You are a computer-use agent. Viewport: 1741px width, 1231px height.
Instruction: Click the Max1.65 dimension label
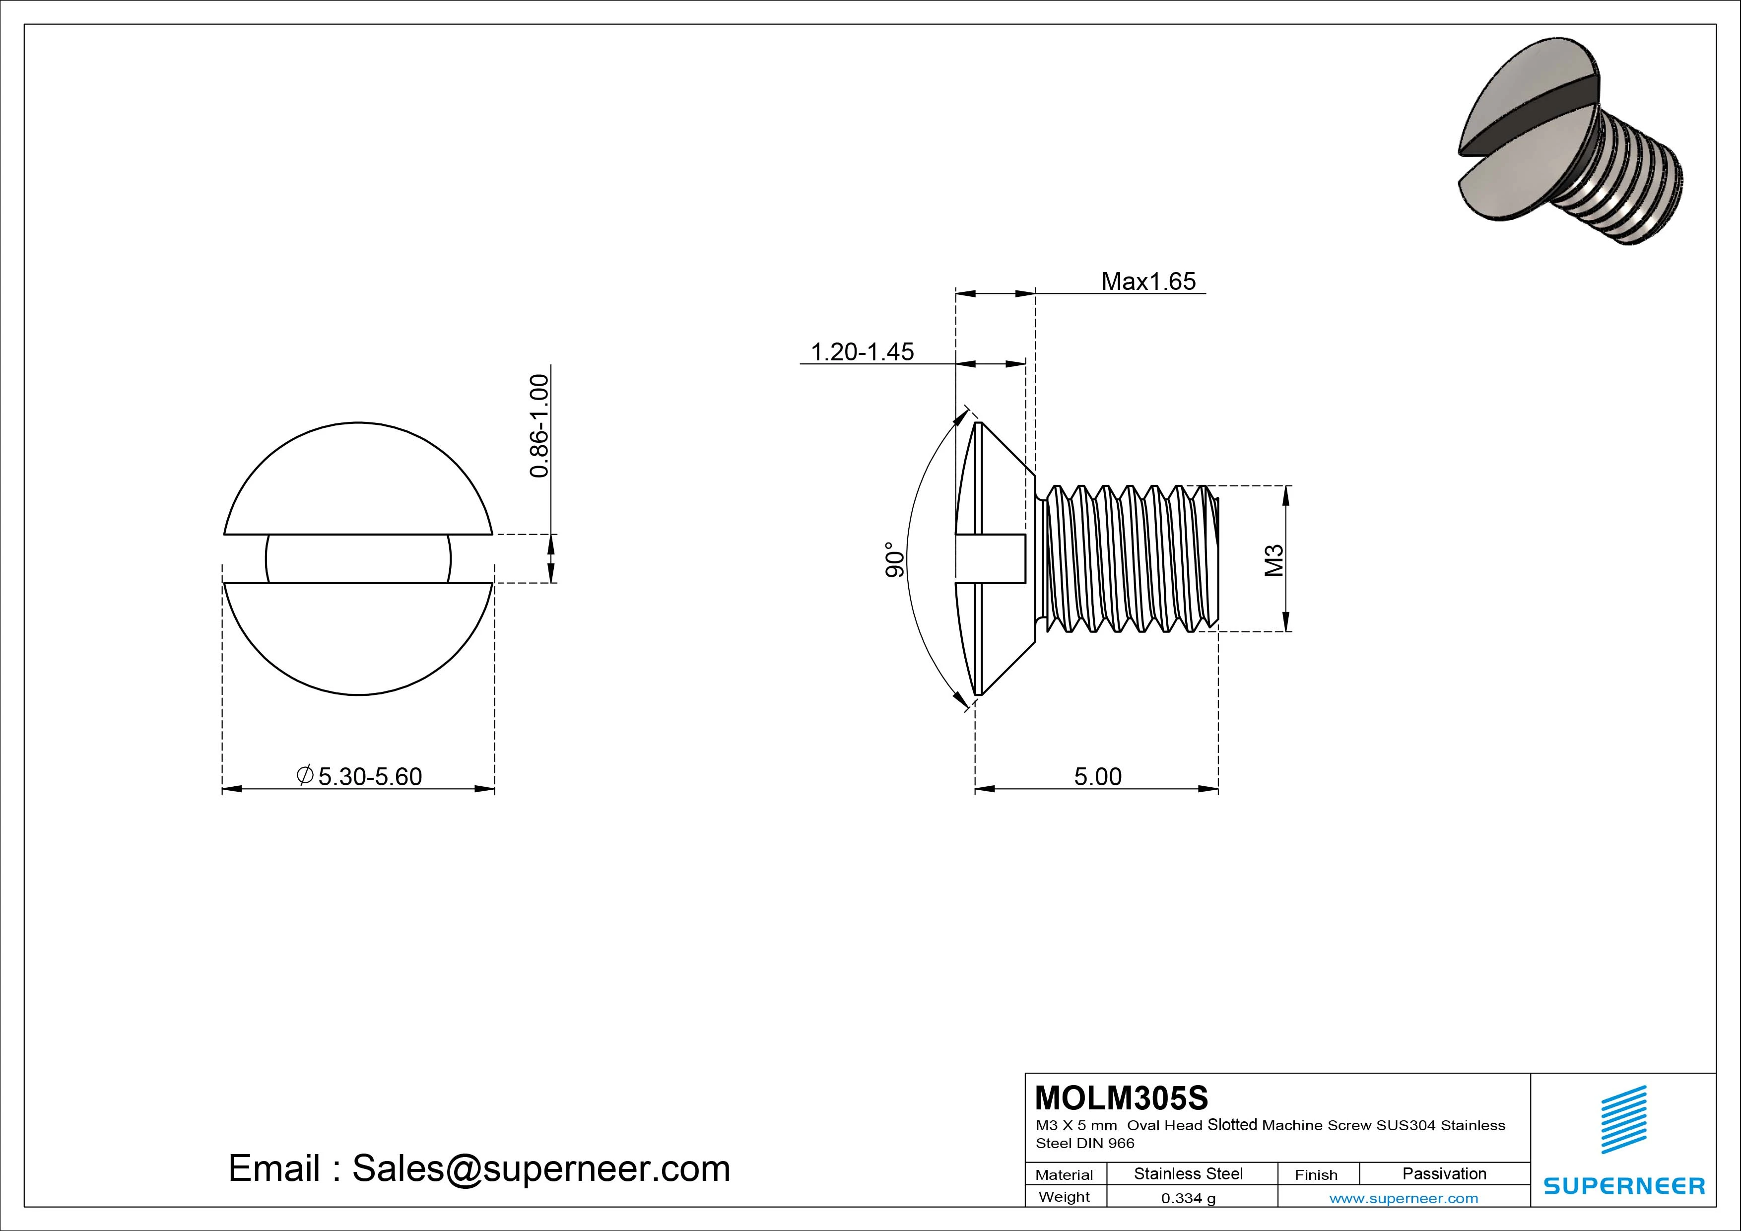click(1148, 281)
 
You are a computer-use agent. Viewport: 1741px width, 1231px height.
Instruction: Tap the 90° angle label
click(895, 560)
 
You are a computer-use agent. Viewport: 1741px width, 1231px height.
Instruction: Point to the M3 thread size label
click(1274, 560)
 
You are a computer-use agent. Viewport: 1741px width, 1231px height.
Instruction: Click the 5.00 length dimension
click(1097, 777)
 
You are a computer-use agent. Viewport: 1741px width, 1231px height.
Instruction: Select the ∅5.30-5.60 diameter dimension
click(359, 777)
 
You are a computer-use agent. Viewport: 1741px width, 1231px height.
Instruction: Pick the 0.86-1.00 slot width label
click(539, 425)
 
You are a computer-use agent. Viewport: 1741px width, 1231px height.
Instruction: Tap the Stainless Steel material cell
click(1188, 1174)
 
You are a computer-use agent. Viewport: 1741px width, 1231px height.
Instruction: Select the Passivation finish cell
click(1444, 1174)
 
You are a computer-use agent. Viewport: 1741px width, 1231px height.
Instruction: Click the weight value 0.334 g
click(1188, 1198)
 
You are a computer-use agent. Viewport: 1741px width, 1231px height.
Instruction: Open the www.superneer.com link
click(1404, 1198)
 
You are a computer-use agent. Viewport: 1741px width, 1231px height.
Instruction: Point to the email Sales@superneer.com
click(479, 1168)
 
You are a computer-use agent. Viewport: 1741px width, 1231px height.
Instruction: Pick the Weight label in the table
click(1064, 1197)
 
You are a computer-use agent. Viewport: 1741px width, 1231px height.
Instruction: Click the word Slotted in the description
click(1232, 1125)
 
